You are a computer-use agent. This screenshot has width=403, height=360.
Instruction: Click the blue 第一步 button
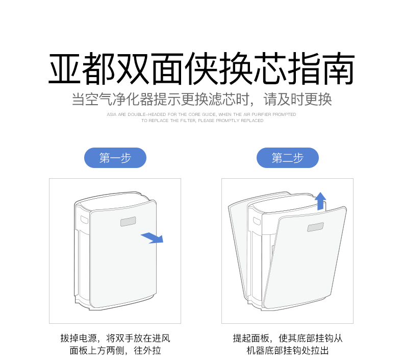(x=115, y=158)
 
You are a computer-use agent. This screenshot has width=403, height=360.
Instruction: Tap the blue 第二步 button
(x=288, y=158)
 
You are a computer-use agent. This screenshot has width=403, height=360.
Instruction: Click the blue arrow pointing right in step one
(x=153, y=238)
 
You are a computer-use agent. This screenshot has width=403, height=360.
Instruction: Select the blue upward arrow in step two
(x=320, y=201)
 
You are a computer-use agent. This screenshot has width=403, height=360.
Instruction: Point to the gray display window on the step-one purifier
(x=128, y=222)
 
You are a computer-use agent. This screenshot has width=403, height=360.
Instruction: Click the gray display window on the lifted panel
(x=315, y=227)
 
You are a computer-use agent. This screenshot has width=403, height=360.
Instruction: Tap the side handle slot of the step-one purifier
(x=84, y=220)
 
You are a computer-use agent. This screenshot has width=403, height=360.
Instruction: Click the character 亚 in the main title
(x=64, y=68)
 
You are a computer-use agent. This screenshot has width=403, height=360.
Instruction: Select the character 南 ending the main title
(x=339, y=68)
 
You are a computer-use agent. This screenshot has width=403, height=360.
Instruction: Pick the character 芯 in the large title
(x=270, y=68)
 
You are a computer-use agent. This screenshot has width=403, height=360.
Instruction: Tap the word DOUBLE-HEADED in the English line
(x=147, y=114)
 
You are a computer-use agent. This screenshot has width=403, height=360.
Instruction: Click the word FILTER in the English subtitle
(x=188, y=121)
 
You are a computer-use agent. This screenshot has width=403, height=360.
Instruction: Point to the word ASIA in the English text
(x=112, y=114)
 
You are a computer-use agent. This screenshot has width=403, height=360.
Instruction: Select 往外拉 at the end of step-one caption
(x=147, y=350)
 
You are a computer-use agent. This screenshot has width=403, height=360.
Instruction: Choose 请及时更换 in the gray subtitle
(x=297, y=100)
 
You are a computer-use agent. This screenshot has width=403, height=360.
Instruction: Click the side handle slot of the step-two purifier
(x=257, y=221)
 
